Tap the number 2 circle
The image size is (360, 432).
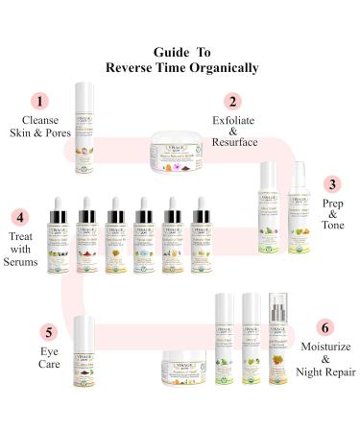click(231, 100)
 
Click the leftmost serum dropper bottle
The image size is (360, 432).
click(56, 239)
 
